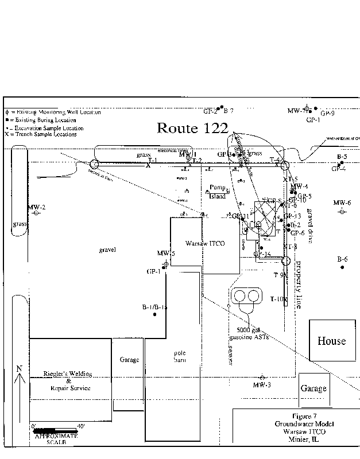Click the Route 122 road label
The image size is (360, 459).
point(192,128)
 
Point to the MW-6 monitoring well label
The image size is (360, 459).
point(342,203)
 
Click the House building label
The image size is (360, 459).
point(332,341)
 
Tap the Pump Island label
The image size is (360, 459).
point(217,192)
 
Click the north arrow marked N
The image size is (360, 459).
point(20,376)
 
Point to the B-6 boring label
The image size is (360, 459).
point(342,259)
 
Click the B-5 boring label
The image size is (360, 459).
point(342,157)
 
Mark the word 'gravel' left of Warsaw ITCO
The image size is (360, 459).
point(107,250)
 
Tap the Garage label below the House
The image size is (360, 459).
point(313,388)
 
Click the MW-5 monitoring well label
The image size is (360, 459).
point(165,253)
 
